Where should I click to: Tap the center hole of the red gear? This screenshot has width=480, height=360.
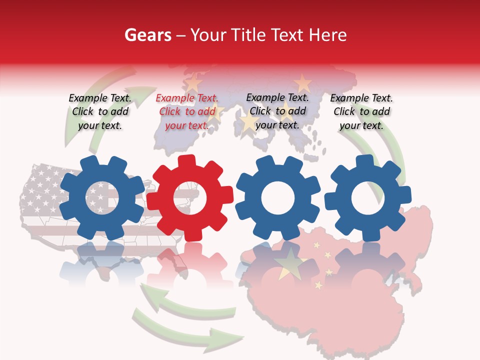click(190, 197)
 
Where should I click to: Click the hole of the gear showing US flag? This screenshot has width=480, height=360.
click(102, 197)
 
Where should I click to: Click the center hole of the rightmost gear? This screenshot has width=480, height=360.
click(367, 198)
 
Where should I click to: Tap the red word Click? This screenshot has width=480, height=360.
click(169, 112)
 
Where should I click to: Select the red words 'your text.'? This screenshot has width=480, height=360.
click(186, 125)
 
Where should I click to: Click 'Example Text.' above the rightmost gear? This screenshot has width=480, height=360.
click(361, 98)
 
